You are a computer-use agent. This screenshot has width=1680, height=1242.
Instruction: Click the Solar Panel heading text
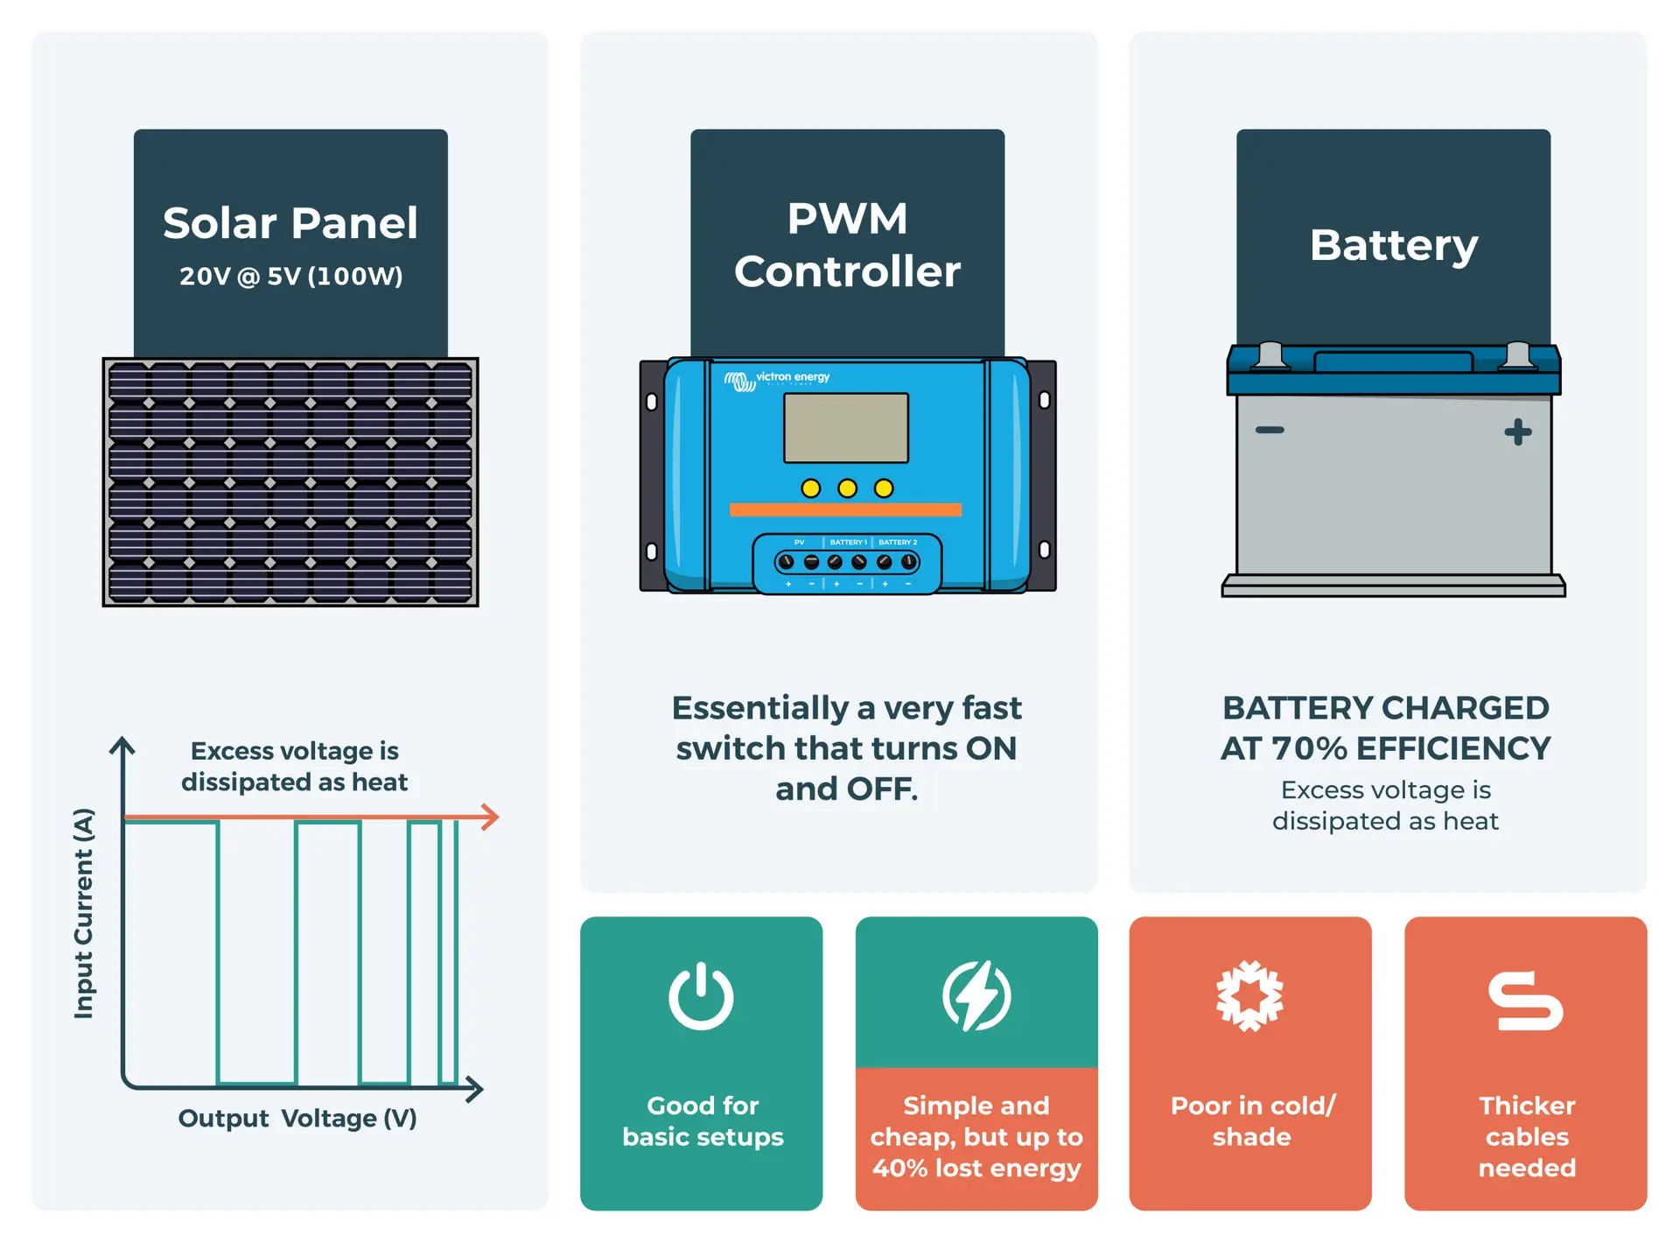click(x=290, y=223)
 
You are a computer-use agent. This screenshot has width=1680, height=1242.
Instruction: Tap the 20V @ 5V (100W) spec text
click(x=290, y=277)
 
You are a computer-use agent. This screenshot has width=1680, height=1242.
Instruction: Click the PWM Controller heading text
click(x=847, y=245)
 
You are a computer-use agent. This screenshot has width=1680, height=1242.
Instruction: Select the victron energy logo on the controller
click(x=777, y=380)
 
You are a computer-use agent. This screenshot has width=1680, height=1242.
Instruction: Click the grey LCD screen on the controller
click(x=845, y=428)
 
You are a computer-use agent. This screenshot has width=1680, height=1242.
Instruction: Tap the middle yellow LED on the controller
click(x=847, y=488)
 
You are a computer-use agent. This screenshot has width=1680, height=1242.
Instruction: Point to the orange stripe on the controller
click(x=845, y=509)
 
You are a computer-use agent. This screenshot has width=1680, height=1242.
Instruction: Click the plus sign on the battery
click(x=1518, y=432)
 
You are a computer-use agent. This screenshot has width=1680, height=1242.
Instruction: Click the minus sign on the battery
click(x=1270, y=430)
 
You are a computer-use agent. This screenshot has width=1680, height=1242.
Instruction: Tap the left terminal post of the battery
click(x=1270, y=355)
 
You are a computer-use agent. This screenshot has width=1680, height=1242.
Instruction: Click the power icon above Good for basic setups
click(x=701, y=996)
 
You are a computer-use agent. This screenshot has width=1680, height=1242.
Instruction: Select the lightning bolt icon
click(x=976, y=996)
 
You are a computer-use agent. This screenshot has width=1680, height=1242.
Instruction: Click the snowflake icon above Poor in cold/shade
click(x=1249, y=996)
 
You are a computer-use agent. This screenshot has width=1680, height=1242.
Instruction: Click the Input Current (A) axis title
click(x=83, y=913)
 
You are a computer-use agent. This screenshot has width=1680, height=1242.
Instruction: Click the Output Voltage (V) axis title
click(x=297, y=1119)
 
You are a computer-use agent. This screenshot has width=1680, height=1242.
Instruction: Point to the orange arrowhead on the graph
click(x=490, y=817)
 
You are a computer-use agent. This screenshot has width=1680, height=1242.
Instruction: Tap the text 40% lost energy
click(x=976, y=1168)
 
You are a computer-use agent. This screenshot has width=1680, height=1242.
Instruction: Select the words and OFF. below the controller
click(x=846, y=789)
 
